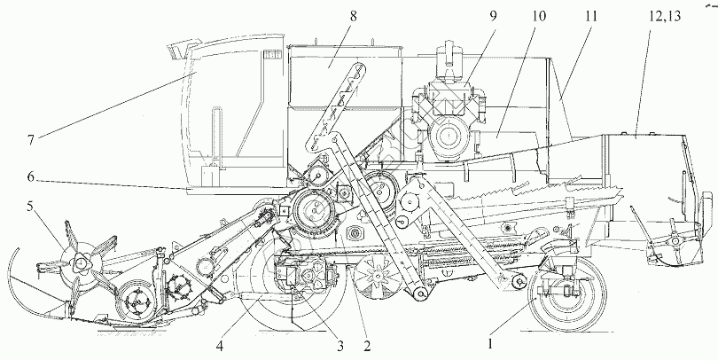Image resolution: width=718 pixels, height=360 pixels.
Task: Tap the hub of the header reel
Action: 82,264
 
